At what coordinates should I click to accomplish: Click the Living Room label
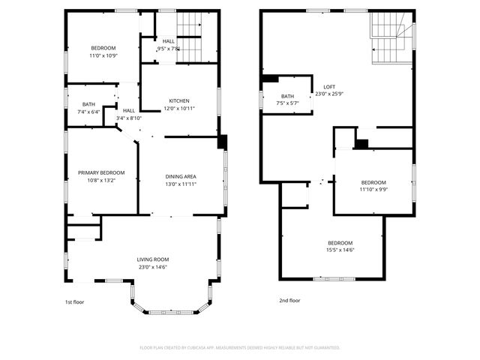tap(152, 259)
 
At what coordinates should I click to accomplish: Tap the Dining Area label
tap(181, 176)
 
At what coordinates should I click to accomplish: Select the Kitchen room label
tap(178, 101)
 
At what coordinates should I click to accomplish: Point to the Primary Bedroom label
tap(101, 173)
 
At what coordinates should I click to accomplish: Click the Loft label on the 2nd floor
tap(328, 86)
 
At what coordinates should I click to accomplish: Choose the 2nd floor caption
tap(289, 301)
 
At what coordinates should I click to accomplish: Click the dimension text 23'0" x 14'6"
tap(152, 267)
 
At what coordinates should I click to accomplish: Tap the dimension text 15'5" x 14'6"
tap(340, 250)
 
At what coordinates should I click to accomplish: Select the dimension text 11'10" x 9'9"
tap(373, 190)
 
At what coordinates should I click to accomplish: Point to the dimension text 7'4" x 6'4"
tap(88, 112)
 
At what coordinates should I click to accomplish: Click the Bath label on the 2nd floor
tap(287, 96)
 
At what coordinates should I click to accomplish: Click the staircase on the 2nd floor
tap(388, 46)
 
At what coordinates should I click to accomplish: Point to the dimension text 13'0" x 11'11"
tap(181, 184)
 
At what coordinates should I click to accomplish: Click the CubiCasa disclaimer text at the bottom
tap(240, 347)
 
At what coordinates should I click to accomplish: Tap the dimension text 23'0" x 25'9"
tap(328, 94)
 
